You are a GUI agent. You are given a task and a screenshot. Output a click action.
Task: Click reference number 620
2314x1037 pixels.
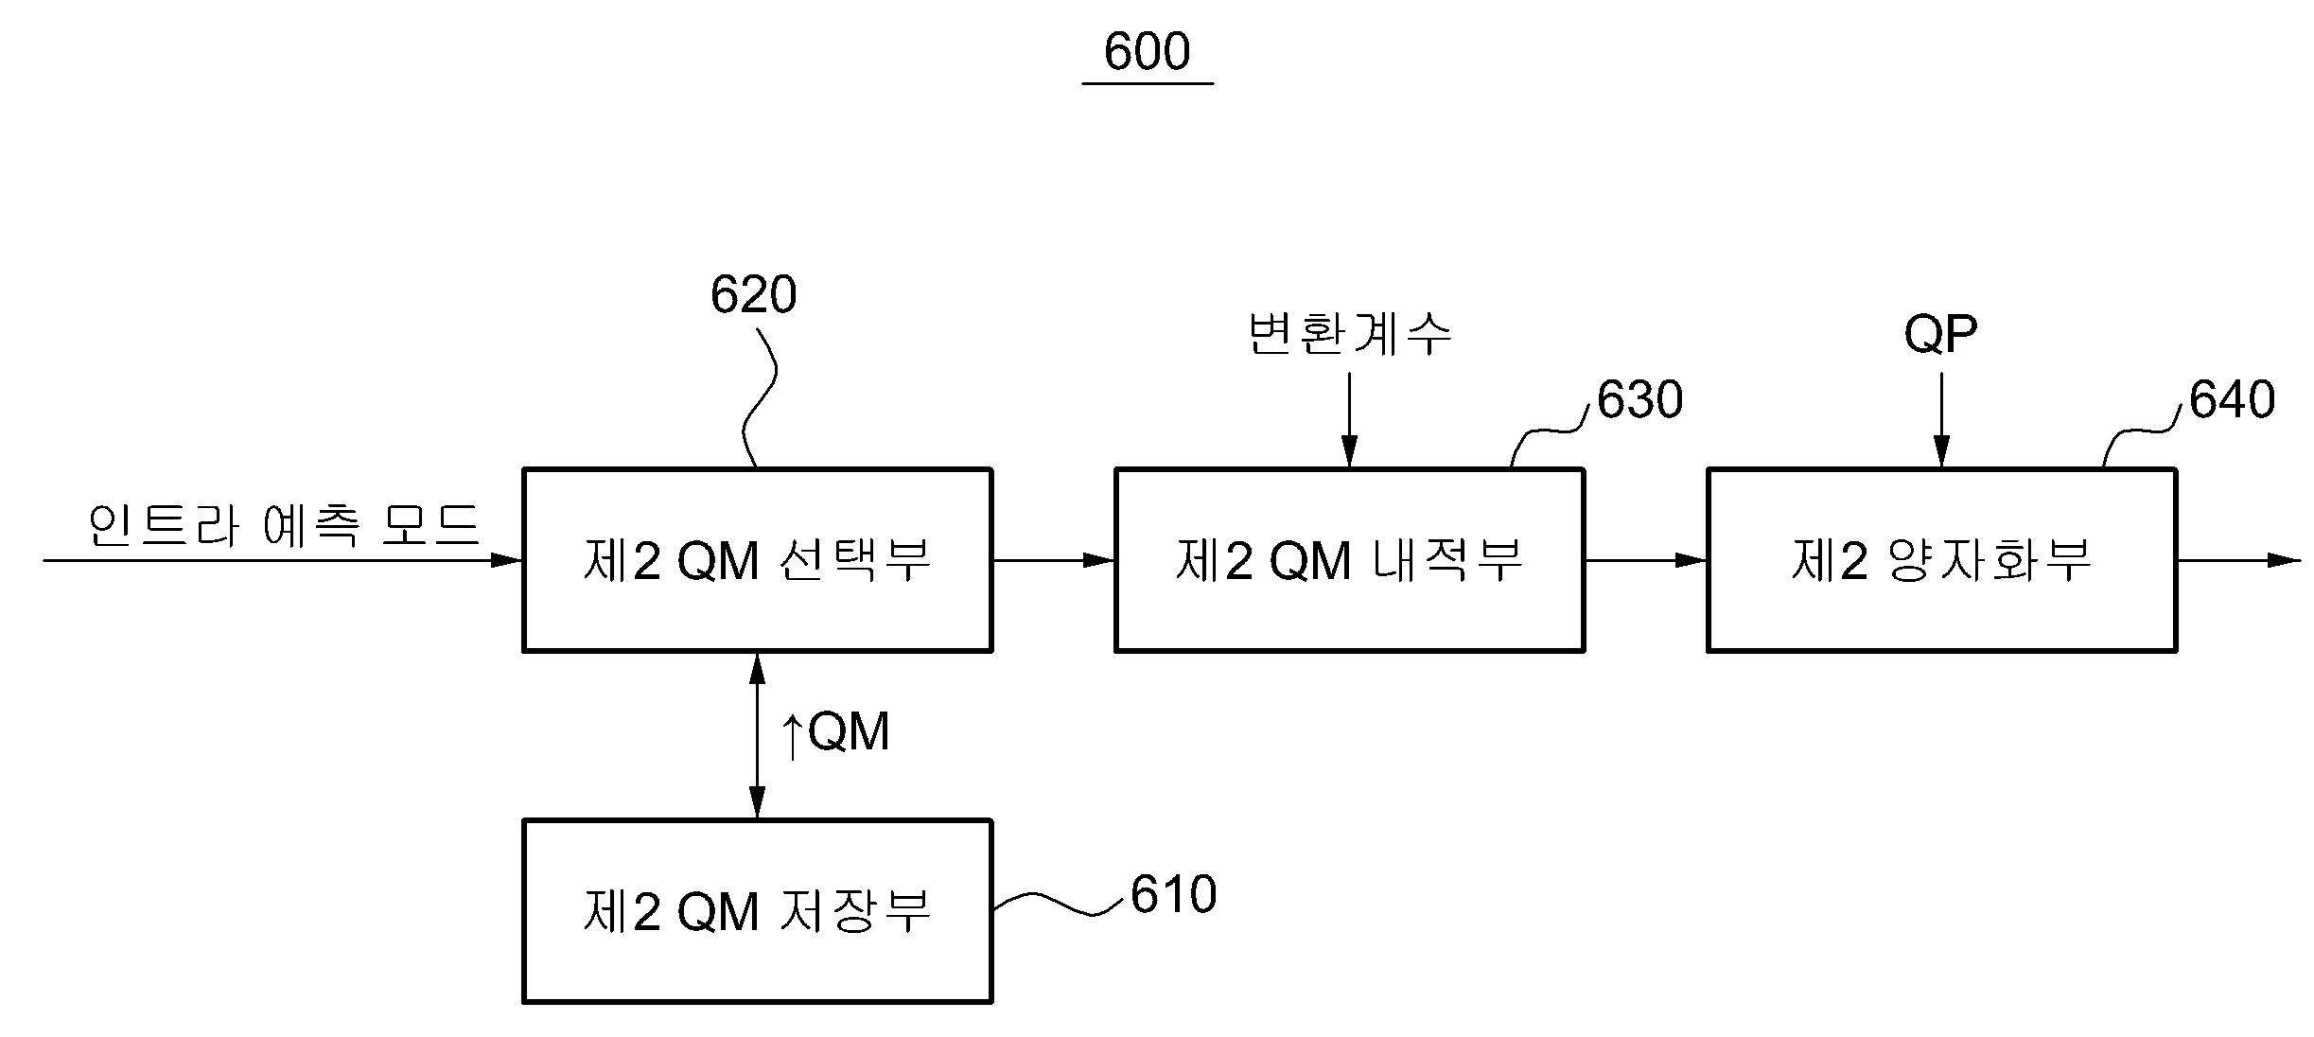(x=753, y=294)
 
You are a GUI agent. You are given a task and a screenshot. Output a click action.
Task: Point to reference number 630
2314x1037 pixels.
(x=1639, y=399)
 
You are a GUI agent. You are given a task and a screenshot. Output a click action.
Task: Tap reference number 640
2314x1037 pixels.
(x=2232, y=399)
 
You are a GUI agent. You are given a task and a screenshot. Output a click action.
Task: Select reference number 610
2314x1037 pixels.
(x=1173, y=894)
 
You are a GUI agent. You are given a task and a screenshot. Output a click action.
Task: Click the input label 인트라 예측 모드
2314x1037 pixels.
(x=284, y=524)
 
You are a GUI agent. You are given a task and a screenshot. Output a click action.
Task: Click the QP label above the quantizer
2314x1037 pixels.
(x=1940, y=334)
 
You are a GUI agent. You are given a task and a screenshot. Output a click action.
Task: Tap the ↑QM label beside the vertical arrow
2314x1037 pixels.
(x=834, y=733)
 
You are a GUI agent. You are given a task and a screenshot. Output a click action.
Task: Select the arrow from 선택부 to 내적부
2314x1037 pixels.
(x=1054, y=560)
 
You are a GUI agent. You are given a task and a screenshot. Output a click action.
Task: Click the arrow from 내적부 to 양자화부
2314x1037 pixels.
(x=1646, y=560)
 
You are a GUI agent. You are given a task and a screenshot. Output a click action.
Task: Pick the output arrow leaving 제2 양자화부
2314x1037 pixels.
(x=2238, y=560)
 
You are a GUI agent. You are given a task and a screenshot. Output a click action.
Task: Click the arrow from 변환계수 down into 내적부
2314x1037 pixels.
(x=1349, y=419)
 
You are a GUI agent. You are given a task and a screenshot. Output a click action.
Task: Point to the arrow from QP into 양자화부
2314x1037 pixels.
(x=1941, y=419)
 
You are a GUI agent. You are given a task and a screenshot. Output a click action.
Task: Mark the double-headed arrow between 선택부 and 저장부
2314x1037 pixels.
(x=757, y=735)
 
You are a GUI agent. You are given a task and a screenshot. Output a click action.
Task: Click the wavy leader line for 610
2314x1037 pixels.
(x=1060, y=903)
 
